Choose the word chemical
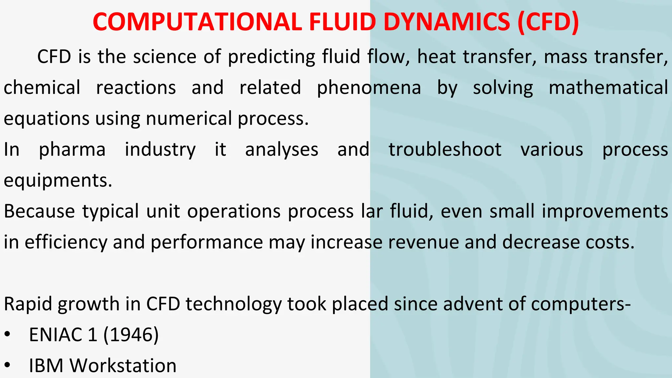pos(42,88)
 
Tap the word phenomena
pos(369,88)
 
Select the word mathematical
pos(608,88)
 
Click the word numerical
pos(189,118)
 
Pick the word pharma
pos(72,150)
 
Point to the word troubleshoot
pos(445,150)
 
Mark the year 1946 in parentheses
pos(131,335)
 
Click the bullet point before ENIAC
pos(8,335)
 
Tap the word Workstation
pos(123,366)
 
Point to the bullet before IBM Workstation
pos(8,366)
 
